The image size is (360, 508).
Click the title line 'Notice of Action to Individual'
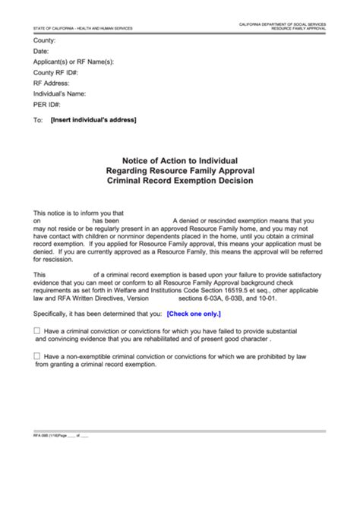pyautogui.click(x=180, y=161)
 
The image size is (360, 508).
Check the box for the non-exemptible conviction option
pyautogui.click(x=38, y=356)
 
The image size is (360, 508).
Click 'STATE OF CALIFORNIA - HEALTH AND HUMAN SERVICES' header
pyautogui.click(x=83, y=28)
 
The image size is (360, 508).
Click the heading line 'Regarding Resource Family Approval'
pyautogui.click(x=180, y=171)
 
